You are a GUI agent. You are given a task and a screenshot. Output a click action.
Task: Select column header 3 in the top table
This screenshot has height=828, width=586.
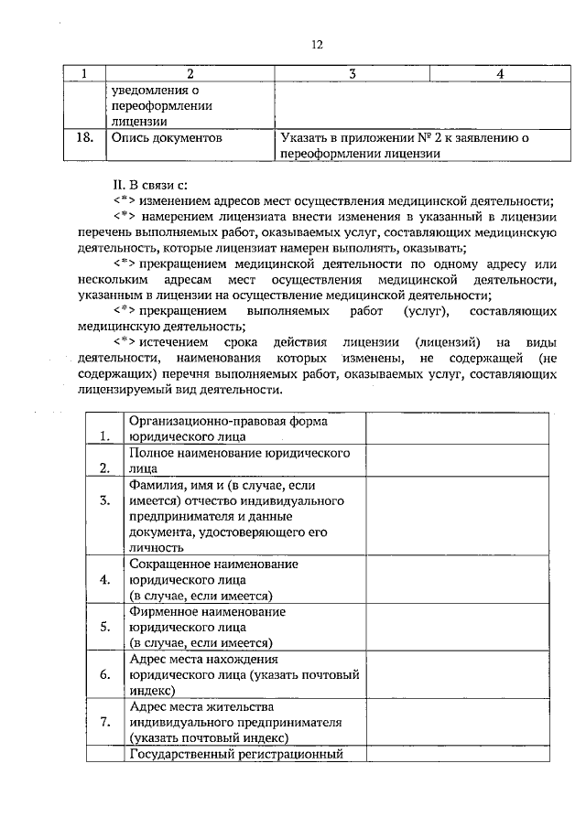click(352, 74)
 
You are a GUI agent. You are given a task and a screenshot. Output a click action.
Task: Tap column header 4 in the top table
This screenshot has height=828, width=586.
click(500, 74)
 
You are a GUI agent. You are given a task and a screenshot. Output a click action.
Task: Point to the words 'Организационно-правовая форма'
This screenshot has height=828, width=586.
click(229, 421)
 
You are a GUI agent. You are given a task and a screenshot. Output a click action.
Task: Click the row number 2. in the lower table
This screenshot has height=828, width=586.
click(104, 468)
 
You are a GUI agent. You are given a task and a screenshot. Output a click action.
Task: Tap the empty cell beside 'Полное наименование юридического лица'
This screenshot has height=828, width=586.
click(458, 460)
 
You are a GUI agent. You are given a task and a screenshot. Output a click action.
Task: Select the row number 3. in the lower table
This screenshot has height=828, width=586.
click(104, 500)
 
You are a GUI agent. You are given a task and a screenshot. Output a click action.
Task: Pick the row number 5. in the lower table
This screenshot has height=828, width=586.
click(104, 627)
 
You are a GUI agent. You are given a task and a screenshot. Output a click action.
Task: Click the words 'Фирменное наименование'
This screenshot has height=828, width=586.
click(207, 611)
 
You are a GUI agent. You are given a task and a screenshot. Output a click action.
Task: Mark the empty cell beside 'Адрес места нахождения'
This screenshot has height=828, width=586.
click(458, 674)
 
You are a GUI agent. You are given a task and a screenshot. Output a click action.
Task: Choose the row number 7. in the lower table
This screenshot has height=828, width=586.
click(104, 722)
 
